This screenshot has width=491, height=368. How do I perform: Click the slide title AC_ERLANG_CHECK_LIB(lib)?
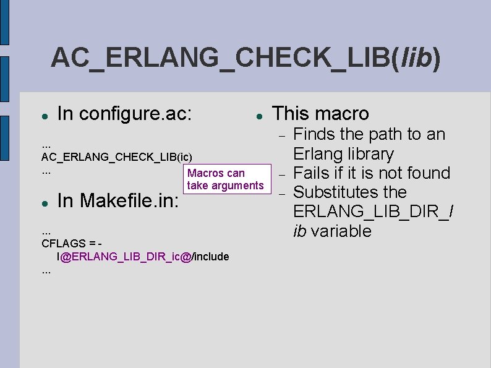click(x=246, y=59)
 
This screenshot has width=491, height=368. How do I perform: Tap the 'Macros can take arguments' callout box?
click(x=225, y=179)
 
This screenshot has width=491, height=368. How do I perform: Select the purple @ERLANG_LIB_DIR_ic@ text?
click(x=126, y=256)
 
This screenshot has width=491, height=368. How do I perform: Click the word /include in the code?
click(x=210, y=256)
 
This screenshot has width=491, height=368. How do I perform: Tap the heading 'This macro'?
click(x=320, y=114)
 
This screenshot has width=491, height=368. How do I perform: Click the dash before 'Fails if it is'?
click(x=280, y=174)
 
